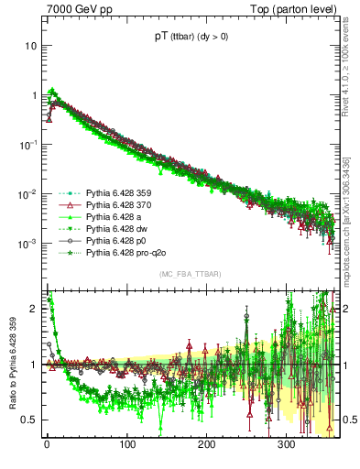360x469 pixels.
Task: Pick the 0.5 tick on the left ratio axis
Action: point(27,420)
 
